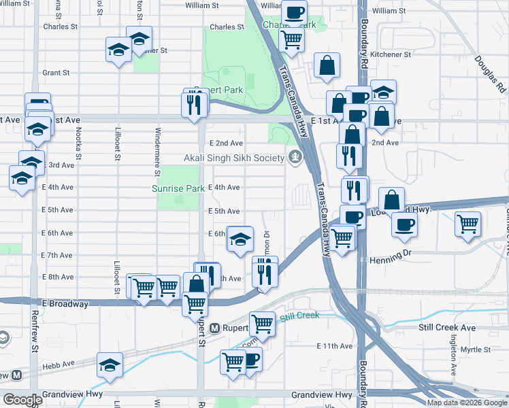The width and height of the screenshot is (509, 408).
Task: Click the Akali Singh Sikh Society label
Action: (233, 158)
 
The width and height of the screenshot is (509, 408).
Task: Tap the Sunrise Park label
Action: (178, 188)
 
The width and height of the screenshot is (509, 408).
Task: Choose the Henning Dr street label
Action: (391, 260)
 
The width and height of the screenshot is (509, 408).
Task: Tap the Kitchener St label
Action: (391, 54)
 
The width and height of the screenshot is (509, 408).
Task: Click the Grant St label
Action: (56, 73)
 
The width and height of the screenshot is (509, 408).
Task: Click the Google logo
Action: (22, 400)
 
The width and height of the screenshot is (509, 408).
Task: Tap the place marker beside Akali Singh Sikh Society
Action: (295, 158)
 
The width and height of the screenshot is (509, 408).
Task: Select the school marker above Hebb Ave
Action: (110, 366)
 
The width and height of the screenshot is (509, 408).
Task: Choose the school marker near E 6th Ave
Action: (240, 239)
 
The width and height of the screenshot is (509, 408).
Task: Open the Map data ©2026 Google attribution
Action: (466, 403)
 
